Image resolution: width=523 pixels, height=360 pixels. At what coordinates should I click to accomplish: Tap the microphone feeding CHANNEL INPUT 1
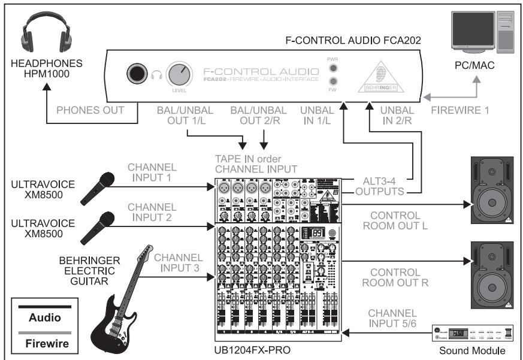pyautogui.click(x=96, y=184)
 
